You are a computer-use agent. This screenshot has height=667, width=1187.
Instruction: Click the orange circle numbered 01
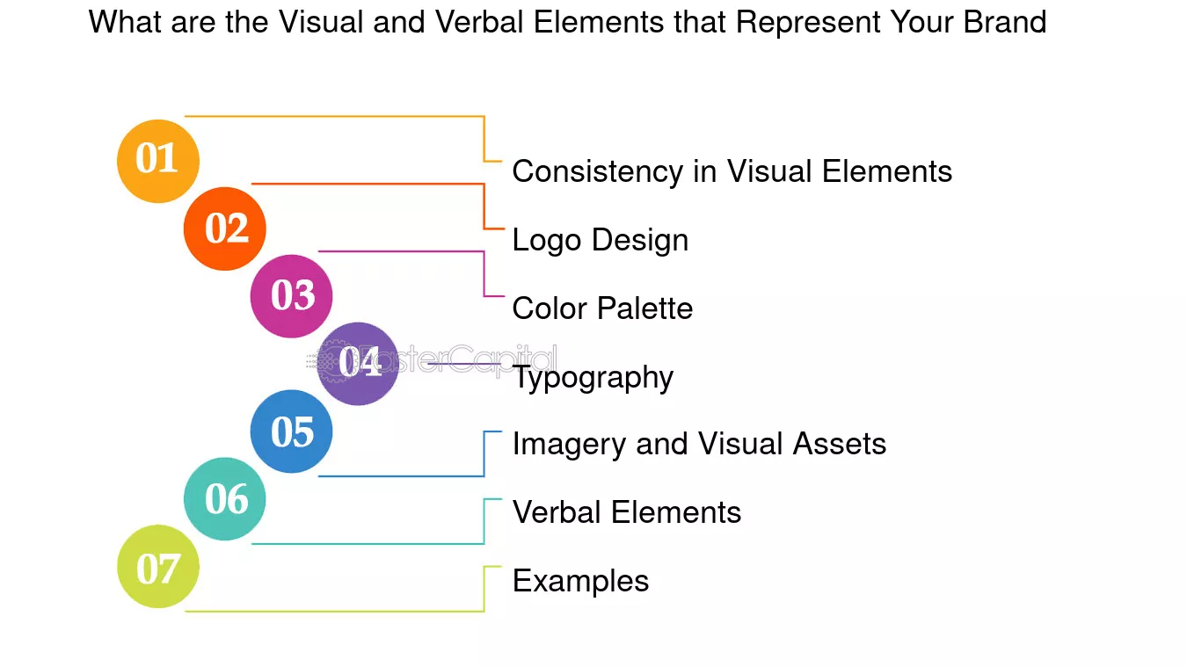[158, 161]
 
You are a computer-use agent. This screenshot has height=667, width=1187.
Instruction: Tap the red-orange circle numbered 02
[225, 228]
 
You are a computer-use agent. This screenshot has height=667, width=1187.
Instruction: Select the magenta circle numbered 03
[291, 296]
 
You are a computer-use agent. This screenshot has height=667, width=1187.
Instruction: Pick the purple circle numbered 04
[358, 364]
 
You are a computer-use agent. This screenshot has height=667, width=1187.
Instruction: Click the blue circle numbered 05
[291, 431]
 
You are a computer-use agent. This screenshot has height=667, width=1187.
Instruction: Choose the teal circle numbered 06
[225, 498]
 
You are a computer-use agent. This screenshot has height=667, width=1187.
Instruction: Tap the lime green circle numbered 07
[158, 566]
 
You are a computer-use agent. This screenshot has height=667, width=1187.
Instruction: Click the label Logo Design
[601, 241]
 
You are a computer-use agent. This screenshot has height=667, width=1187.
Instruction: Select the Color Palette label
[602, 308]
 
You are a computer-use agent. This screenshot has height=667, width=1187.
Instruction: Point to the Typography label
[593, 378]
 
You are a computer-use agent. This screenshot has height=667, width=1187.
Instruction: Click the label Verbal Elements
[627, 512]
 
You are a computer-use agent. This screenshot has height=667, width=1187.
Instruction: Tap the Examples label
[581, 582]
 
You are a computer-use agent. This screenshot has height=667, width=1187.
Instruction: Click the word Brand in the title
[1005, 22]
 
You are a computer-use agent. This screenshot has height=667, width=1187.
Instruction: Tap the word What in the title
[125, 22]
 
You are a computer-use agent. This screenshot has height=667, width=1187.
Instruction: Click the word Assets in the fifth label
[840, 444]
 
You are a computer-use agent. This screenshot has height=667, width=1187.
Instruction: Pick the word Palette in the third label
[644, 308]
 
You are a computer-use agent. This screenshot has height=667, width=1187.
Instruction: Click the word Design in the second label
[640, 241]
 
